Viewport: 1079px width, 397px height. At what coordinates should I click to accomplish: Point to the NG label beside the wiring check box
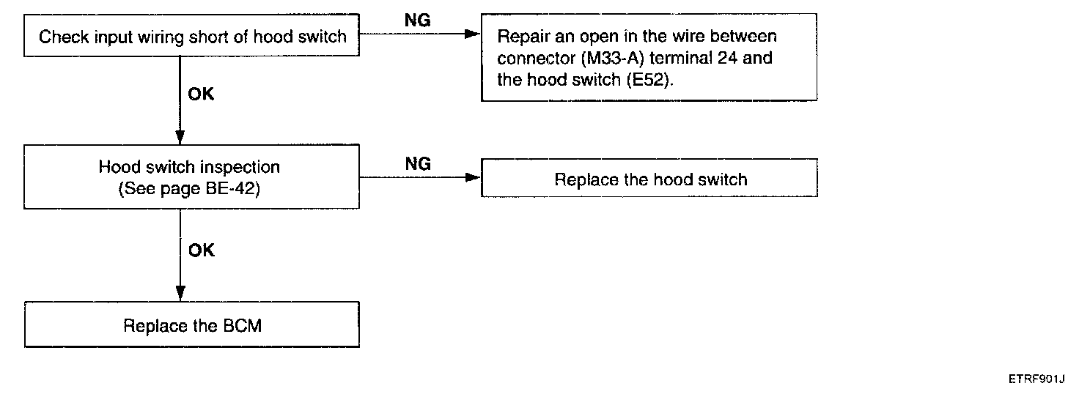point(418,21)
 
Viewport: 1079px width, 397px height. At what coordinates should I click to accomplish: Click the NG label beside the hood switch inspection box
point(418,164)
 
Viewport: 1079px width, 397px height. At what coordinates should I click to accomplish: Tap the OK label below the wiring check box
point(201,94)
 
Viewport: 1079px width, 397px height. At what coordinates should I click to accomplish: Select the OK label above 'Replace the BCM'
point(202,251)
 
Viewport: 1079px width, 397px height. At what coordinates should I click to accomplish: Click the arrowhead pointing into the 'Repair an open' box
point(473,34)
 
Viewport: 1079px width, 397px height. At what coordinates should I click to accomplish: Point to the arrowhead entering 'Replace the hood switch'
point(473,177)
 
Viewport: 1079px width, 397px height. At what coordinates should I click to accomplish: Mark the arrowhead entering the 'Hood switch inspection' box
point(180,137)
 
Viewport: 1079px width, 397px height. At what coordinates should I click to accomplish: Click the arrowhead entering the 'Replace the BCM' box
point(180,294)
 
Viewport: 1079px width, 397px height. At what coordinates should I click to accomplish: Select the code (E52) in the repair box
point(649,79)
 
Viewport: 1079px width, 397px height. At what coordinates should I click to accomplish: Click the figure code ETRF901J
point(1036,379)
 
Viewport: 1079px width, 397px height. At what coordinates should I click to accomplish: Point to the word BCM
point(243,326)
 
